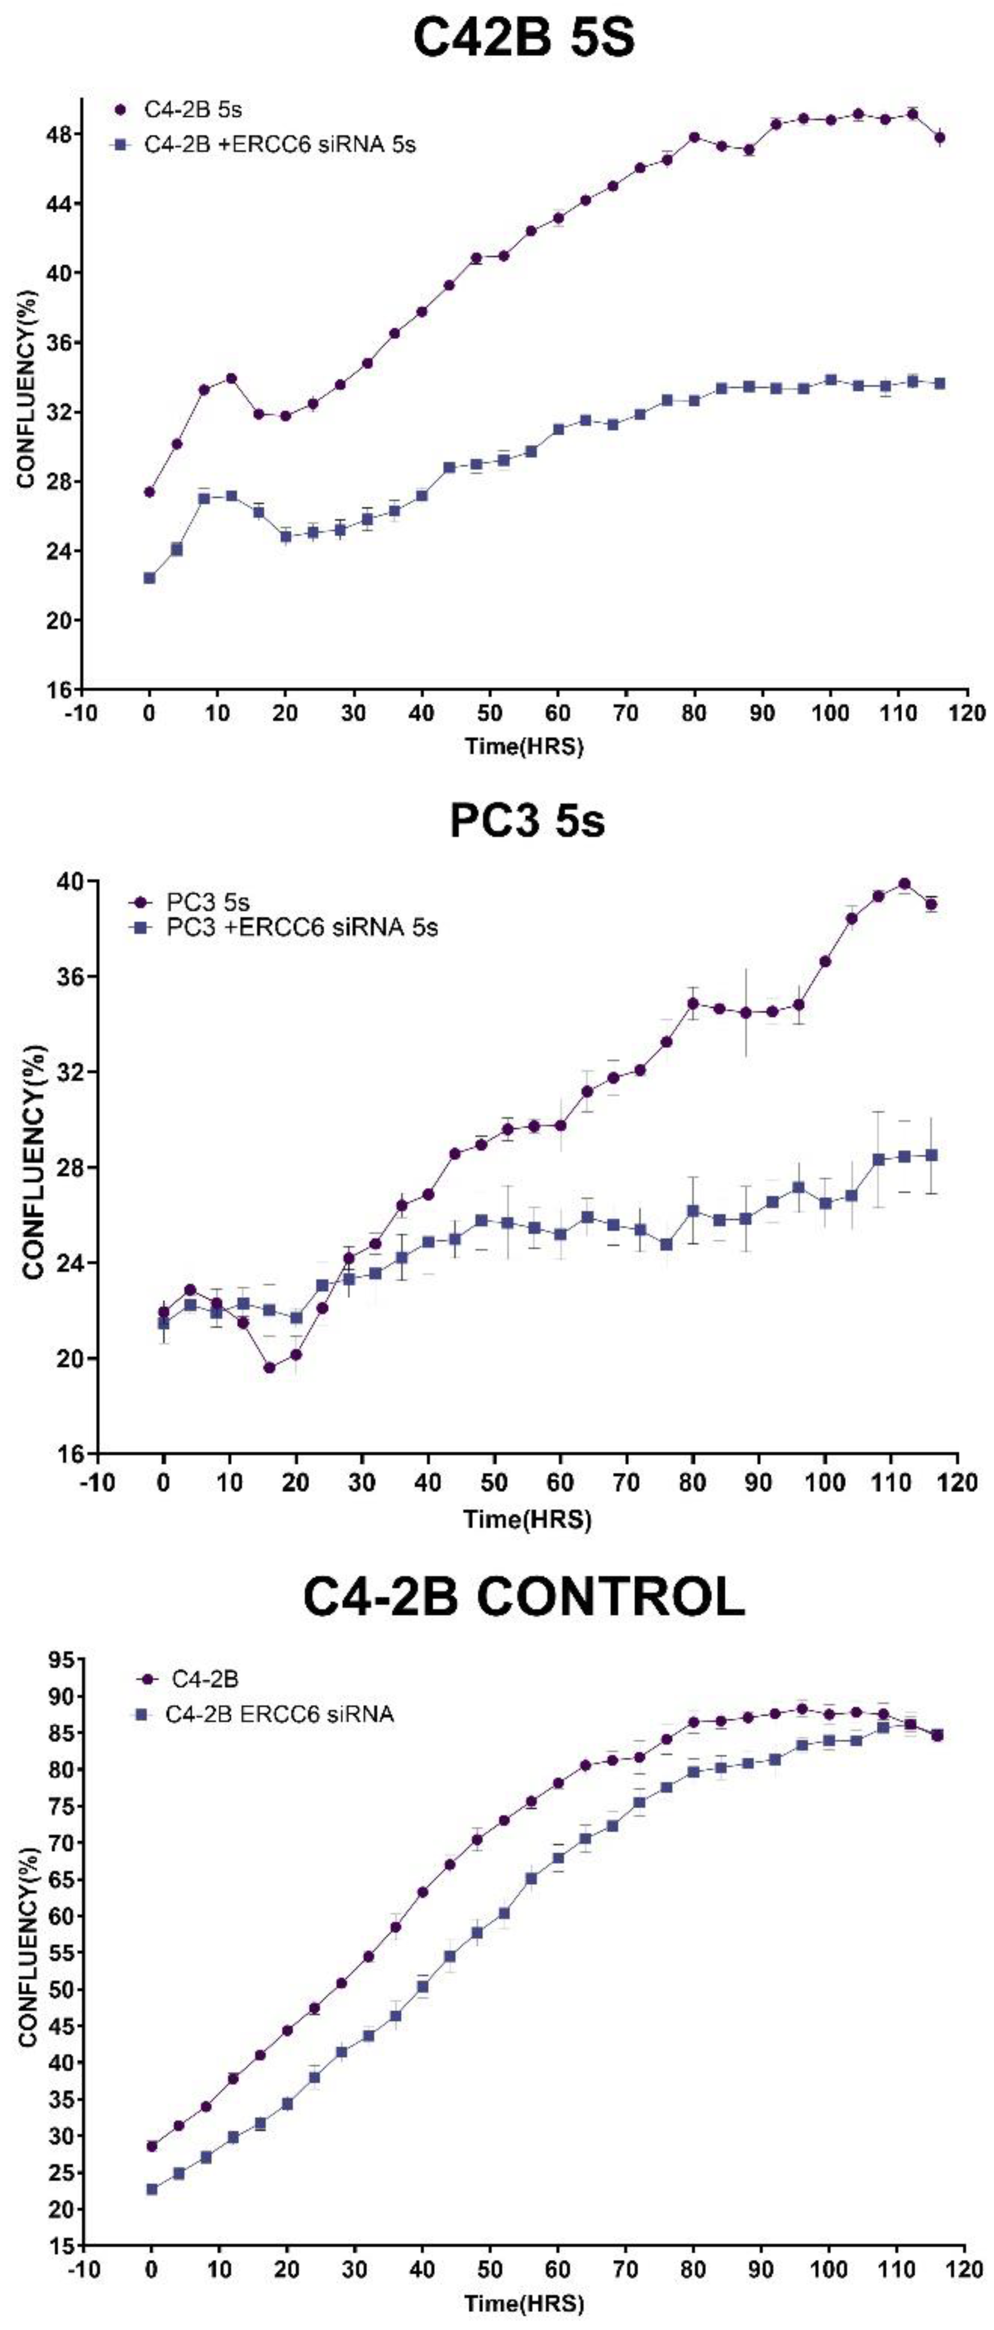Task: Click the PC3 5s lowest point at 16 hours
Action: [269, 1368]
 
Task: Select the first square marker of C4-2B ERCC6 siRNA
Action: [152, 2190]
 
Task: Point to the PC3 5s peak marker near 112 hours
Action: [904, 884]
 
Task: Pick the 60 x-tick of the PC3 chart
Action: [561, 1483]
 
